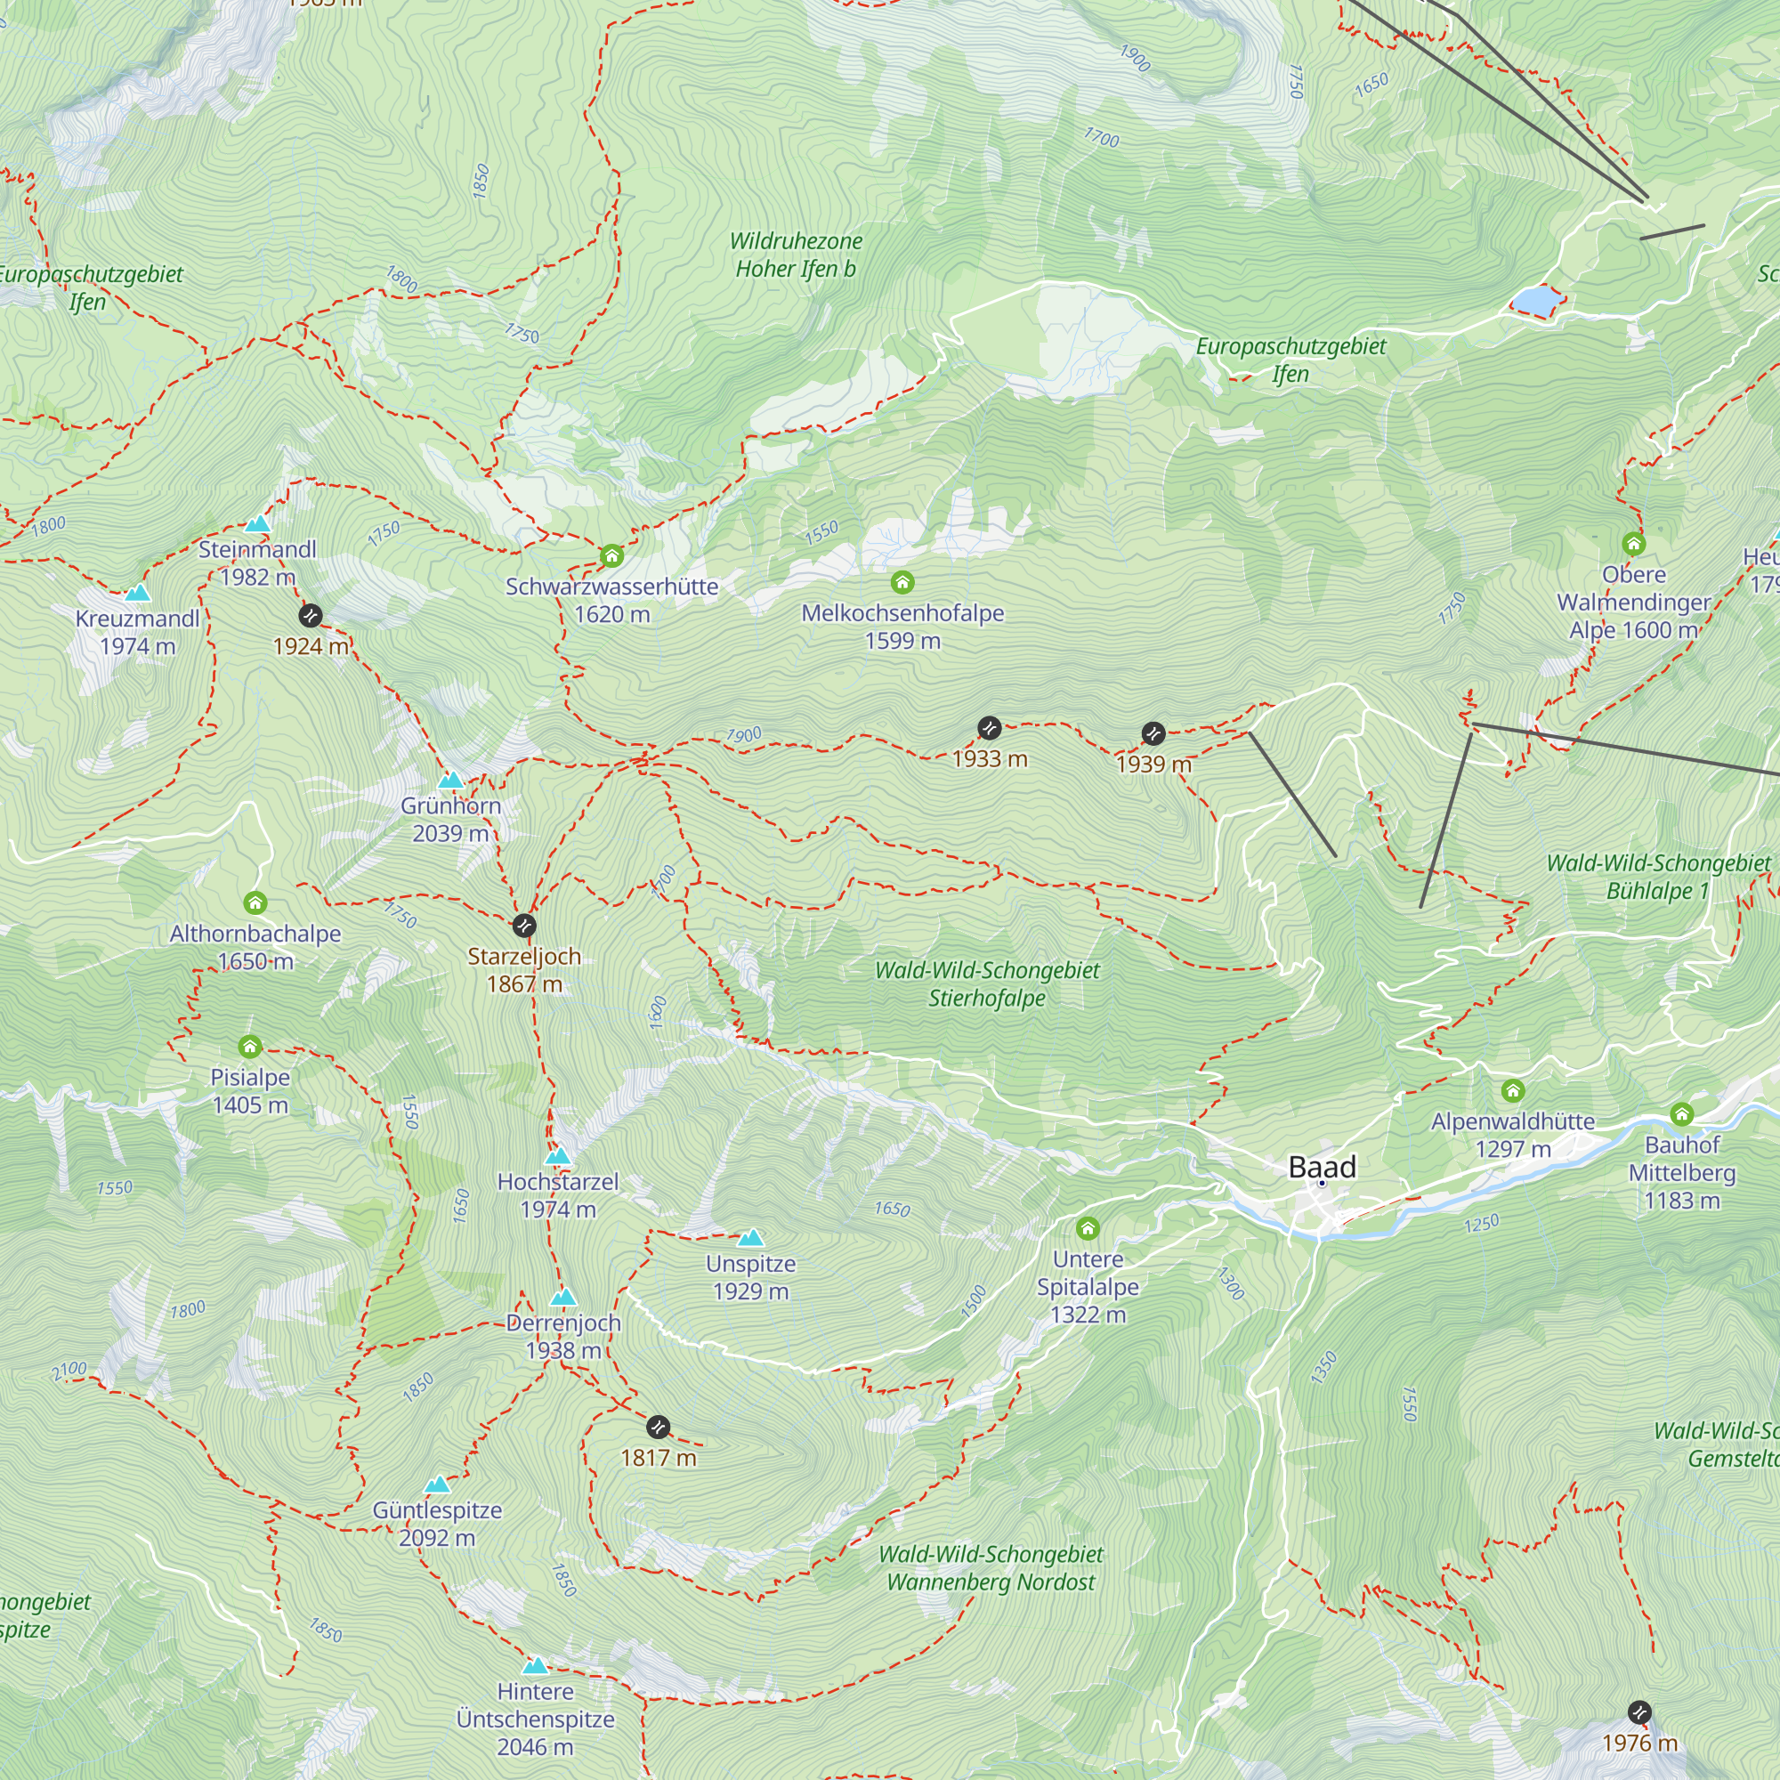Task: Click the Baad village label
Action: coord(1323,1167)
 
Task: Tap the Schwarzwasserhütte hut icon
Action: coord(611,555)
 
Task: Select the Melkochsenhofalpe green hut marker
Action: coord(902,582)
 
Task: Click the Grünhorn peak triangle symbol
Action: coord(449,781)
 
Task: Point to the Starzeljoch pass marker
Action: coord(523,925)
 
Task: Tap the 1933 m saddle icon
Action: coord(989,728)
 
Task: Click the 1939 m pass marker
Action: coord(1153,733)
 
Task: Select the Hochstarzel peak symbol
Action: coord(557,1156)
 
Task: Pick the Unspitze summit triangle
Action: coord(751,1237)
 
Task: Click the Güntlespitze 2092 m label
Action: coord(437,1523)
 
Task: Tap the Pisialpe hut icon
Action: coord(250,1047)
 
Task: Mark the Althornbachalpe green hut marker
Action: coord(255,902)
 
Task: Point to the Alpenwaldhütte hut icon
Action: coord(1512,1091)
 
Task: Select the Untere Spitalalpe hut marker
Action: coord(1088,1228)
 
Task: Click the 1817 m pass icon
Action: coord(658,1428)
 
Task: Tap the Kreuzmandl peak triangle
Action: coord(137,593)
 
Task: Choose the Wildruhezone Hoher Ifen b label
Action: coord(795,255)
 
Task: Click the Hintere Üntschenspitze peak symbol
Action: coord(534,1666)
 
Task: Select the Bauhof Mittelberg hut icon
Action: coord(1681,1114)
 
